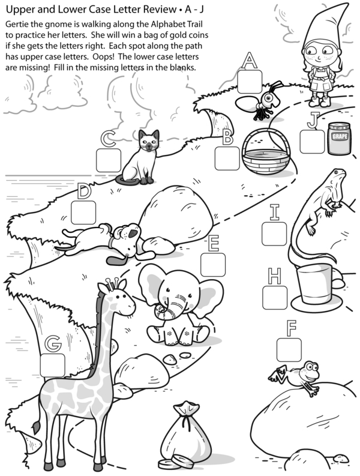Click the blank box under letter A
[250, 82]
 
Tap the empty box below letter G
[52, 365]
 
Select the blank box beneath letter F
[289, 350]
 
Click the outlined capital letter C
[108, 139]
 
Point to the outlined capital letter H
[274, 276]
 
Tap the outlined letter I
[274, 212]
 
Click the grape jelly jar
[340, 138]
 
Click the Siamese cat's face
[149, 142]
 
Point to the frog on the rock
[295, 377]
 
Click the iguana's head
[338, 175]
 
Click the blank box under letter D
[83, 212]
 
